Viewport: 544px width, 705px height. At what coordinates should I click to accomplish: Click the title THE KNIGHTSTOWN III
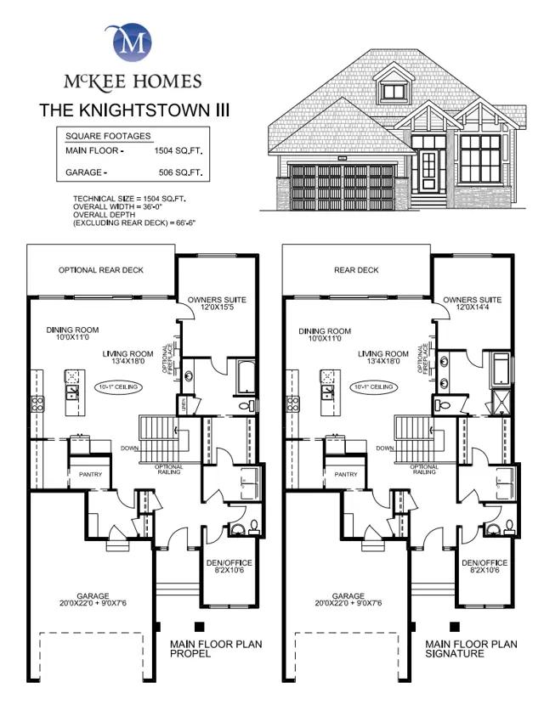coord(133,110)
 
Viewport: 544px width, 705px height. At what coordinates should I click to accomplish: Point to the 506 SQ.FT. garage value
coord(180,173)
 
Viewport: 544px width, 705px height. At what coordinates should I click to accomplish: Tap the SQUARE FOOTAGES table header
coord(108,136)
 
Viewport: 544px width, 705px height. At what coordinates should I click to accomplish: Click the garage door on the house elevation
coord(343,184)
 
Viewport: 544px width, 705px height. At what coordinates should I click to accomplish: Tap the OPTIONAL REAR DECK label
coord(100,270)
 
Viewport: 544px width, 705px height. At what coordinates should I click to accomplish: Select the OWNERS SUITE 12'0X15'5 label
coord(217,304)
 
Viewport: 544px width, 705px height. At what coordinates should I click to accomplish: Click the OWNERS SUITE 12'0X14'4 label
coord(472,304)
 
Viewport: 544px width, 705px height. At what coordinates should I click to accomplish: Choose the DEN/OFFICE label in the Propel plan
coord(229,567)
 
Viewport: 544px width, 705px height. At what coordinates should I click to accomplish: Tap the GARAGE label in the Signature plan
coord(348,600)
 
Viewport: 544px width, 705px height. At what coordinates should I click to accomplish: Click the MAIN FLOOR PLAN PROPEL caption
coord(216,649)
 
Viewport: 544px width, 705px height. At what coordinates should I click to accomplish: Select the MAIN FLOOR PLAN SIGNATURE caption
coord(471,649)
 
